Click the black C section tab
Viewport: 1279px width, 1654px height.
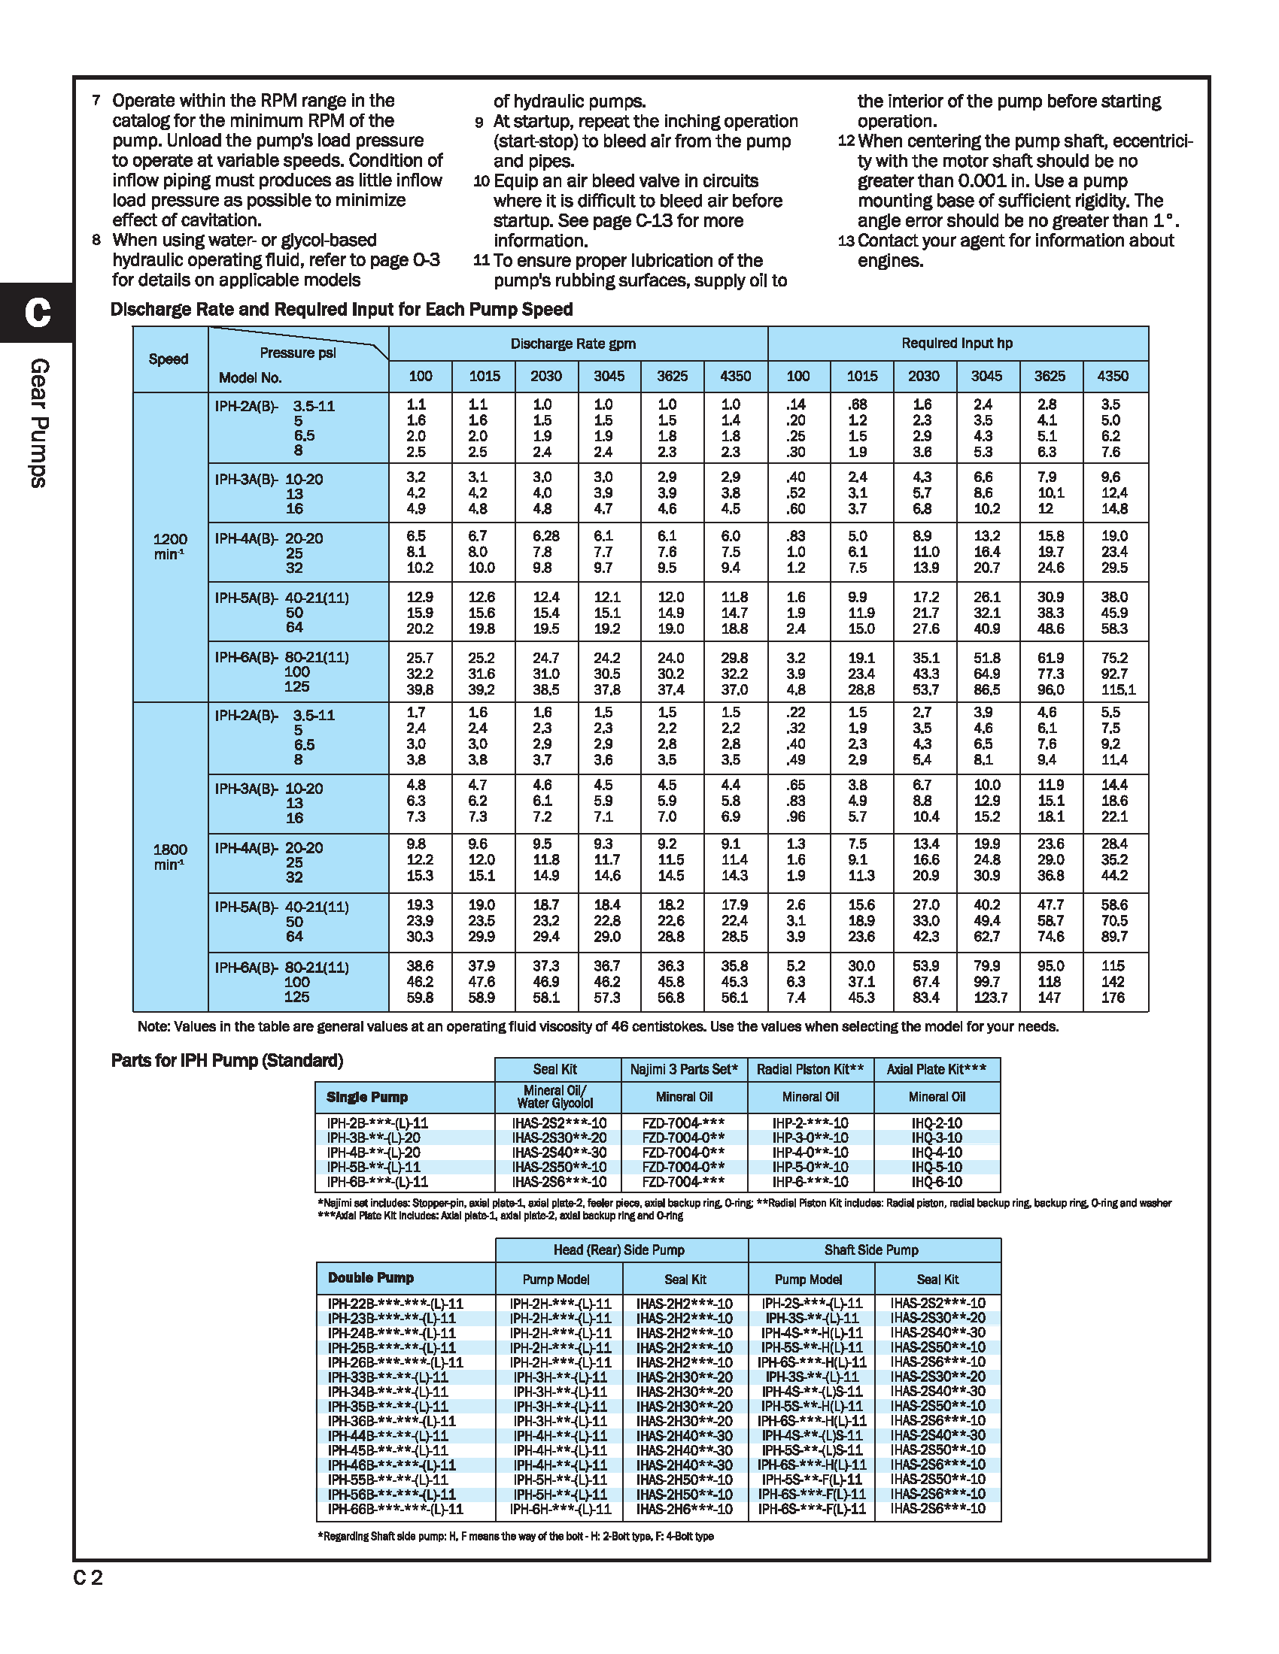tap(36, 312)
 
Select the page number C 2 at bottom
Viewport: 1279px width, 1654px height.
tap(88, 1577)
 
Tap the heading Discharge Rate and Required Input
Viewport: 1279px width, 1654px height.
tap(341, 309)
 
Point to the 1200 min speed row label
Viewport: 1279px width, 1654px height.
tap(170, 546)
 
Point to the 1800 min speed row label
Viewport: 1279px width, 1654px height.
tap(170, 856)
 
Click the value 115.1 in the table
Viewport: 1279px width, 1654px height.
tap(1118, 690)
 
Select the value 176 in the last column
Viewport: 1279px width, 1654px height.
tap(1112, 998)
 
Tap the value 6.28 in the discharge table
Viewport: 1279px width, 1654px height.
tap(545, 536)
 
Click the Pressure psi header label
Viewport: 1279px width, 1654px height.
tap(297, 353)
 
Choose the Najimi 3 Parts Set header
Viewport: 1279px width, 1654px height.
tap(683, 1069)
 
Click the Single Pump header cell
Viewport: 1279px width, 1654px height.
tap(366, 1097)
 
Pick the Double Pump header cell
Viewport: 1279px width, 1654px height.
tap(370, 1277)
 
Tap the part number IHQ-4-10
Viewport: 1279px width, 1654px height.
tap(937, 1152)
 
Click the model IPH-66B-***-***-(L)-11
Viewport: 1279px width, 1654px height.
tap(395, 1509)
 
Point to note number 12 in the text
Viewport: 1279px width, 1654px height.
tap(846, 141)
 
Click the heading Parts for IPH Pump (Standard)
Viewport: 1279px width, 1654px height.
tap(226, 1060)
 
